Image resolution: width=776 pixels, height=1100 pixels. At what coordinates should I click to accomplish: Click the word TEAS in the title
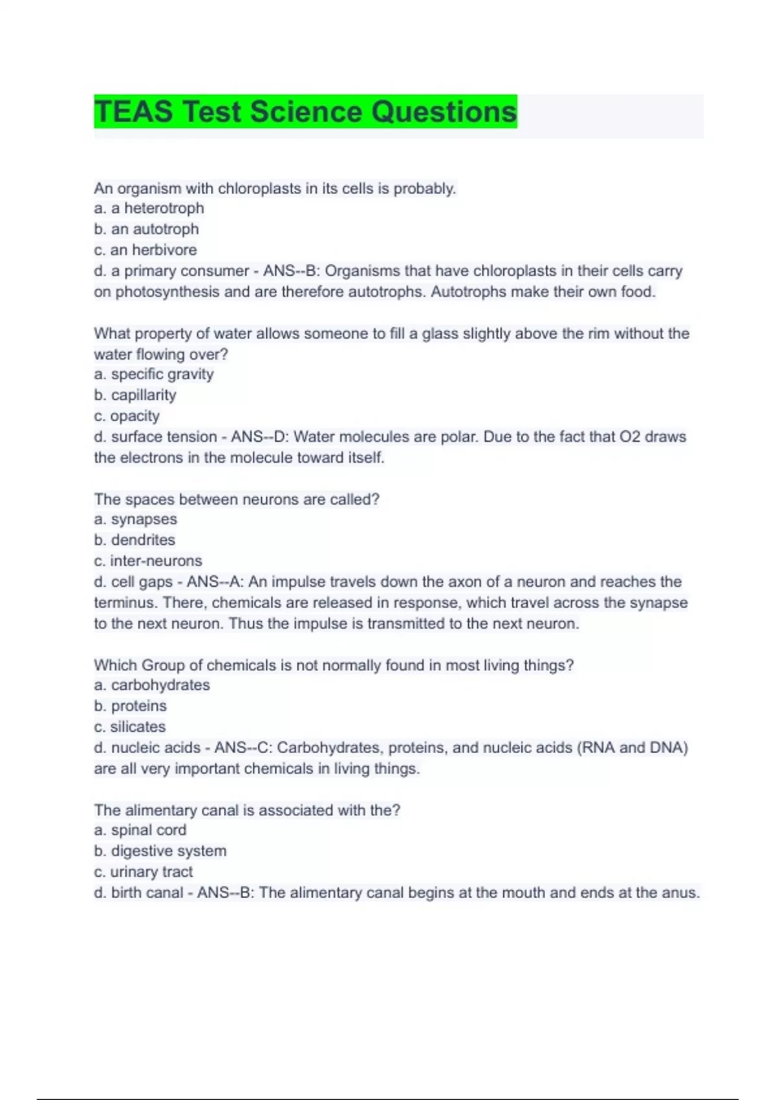[134, 111]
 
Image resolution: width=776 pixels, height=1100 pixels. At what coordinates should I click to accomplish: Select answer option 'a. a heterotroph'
[149, 208]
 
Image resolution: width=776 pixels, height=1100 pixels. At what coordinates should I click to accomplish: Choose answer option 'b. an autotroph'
[146, 229]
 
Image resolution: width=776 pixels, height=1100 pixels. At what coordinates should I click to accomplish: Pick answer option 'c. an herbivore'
[145, 250]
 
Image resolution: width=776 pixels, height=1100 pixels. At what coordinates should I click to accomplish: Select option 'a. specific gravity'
[153, 374]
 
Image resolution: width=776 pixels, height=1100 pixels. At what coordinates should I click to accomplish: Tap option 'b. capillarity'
[135, 395]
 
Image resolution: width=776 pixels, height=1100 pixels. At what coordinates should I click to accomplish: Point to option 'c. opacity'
[127, 415]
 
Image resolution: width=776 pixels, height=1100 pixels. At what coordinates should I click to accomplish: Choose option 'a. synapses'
[135, 519]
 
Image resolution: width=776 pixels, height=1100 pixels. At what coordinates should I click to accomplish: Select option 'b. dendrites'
[135, 540]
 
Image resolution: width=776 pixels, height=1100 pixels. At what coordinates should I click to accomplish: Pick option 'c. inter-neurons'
[148, 560]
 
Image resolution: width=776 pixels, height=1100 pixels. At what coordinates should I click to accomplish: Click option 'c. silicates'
[130, 727]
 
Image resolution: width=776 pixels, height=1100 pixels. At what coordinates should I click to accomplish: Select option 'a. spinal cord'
[140, 830]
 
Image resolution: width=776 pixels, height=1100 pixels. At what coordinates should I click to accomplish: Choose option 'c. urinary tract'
[144, 872]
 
